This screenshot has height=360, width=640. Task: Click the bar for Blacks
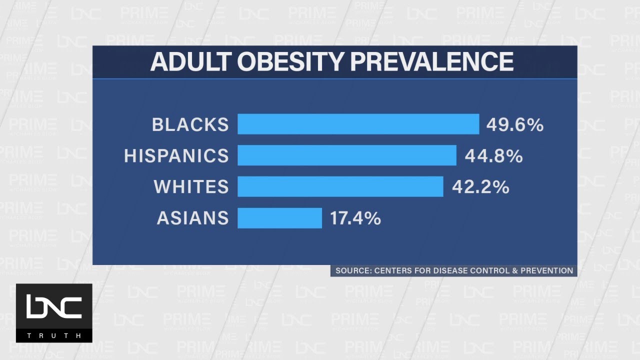point(358,124)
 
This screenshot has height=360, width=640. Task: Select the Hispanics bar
point(347,155)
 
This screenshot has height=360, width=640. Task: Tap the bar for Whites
point(340,186)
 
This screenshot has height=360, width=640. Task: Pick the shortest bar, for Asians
point(279,218)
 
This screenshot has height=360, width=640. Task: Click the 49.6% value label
point(515,125)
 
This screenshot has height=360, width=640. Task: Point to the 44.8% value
point(493,156)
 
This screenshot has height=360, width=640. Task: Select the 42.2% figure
point(480,187)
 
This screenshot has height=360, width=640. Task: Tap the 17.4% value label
point(355,218)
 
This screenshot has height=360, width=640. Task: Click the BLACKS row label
point(190,124)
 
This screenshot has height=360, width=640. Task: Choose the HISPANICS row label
point(176,155)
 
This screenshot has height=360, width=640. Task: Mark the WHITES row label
point(191,187)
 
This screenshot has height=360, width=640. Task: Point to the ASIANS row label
point(193,218)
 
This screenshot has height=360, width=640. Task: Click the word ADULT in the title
point(191,61)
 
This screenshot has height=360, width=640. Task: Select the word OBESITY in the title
point(290,61)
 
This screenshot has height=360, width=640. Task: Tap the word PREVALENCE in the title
point(431,61)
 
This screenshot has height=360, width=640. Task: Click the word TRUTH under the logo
point(54,335)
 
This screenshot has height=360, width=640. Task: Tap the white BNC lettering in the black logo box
point(54,306)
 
